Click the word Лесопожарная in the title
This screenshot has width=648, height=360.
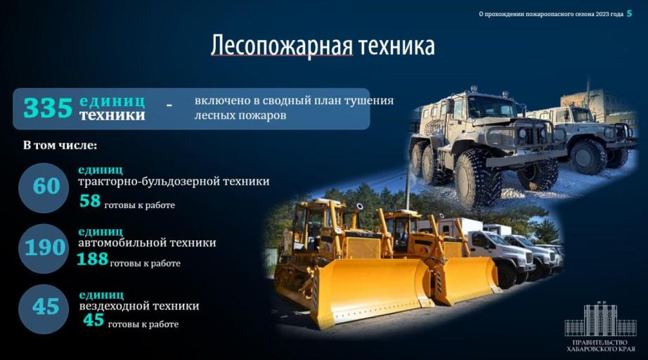[283, 45]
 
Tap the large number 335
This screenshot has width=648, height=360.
[48, 108]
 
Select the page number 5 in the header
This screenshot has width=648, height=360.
[630, 13]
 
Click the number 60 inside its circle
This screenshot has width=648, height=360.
[46, 186]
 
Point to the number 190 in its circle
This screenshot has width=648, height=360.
[45, 247]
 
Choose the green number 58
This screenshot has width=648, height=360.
[90, 201]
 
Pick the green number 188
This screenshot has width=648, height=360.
[92, 259]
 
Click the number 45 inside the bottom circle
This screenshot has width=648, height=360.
[46, 307]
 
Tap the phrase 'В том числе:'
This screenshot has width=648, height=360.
[60, 146]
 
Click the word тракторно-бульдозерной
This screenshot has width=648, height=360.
[149, 181]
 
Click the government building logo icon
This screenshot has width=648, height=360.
[600, 319]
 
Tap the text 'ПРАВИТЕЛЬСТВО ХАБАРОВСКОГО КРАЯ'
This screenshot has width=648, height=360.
[600, 345]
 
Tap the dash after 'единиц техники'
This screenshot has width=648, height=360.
[169, 106]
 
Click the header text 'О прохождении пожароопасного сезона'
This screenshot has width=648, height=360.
[536, 14]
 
